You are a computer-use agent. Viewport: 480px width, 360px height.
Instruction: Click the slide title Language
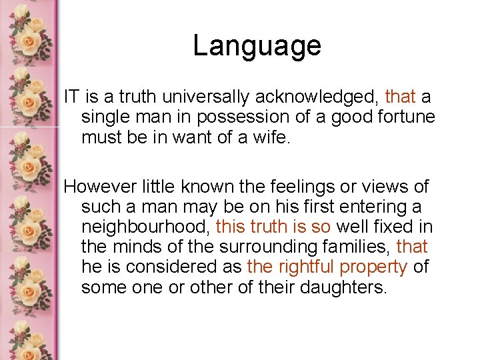[257, 46]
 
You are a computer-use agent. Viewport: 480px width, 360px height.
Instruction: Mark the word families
[353, 247]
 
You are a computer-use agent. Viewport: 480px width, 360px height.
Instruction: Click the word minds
[141, 247]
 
